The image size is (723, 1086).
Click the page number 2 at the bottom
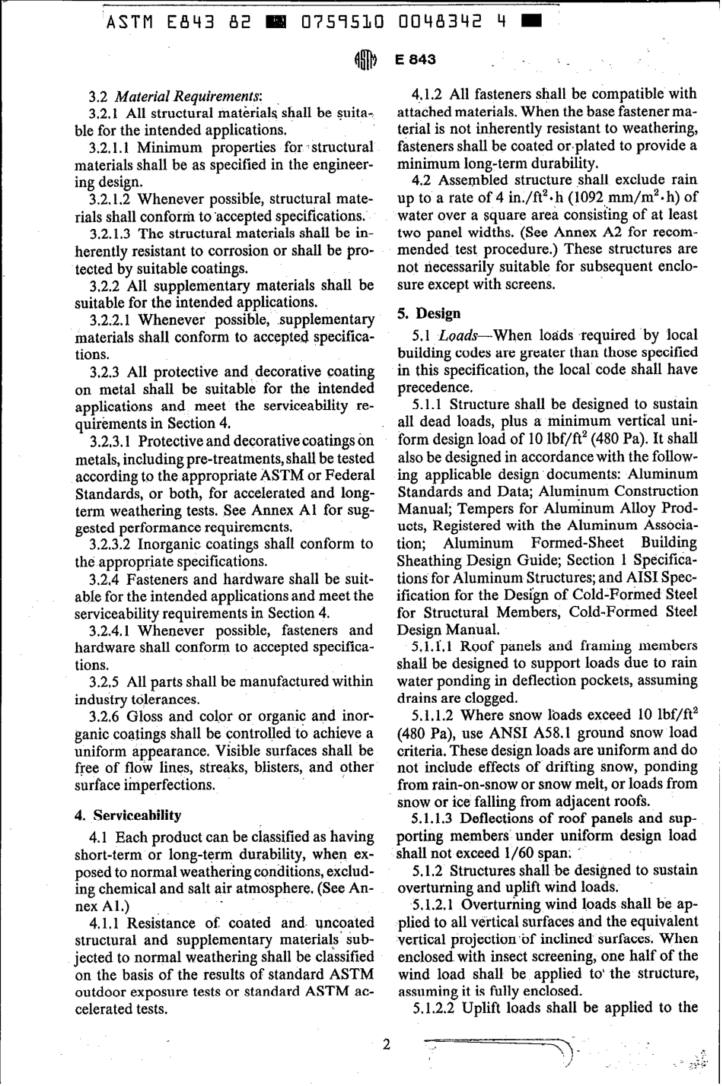[x=386, y=1044]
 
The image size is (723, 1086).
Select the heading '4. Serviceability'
[x=128, y=815]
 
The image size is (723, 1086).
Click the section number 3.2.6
[x=104, y=716]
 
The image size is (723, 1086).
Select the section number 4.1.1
[x=104, y=923]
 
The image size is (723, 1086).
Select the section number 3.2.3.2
[x=112, y=544]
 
